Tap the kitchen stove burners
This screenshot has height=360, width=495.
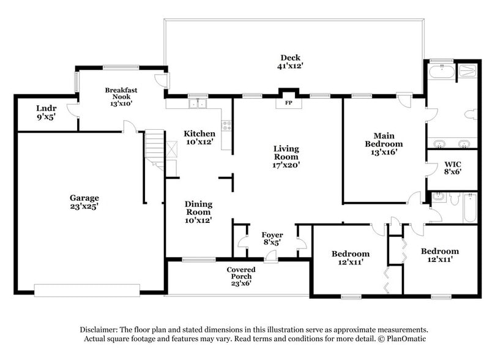[x=226, y=127]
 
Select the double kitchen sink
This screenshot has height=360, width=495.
[x=197, y=103]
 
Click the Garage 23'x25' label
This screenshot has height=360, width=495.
[x=84, y=202]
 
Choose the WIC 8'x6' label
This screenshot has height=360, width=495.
[x=452, y=168]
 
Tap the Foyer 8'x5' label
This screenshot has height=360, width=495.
[x=272, y=238]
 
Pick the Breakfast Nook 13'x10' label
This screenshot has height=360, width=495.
[x=121, y=97]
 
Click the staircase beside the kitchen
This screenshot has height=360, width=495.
[x=155, y=150]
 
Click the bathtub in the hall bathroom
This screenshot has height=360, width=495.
[x=470, y=208]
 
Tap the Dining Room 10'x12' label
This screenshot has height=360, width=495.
[x=198, y=212]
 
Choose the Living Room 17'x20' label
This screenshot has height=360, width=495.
[x=286, y=157]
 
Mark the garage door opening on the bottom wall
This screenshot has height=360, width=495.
[x=88, y=290]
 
